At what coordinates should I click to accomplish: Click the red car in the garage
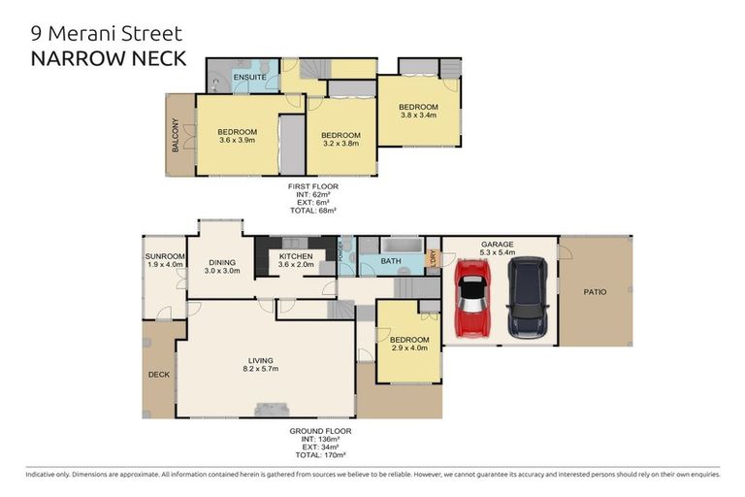473,298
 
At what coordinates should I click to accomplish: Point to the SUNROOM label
165,255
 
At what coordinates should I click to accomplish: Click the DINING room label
223,262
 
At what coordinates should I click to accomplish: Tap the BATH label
391,261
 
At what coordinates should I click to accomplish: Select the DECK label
158,374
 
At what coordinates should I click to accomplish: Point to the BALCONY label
176,135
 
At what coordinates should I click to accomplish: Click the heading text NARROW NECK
109,58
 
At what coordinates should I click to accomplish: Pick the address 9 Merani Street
107,34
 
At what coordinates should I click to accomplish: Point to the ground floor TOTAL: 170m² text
320,454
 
